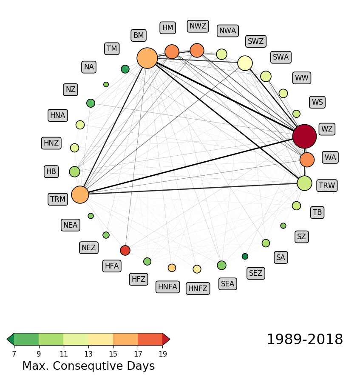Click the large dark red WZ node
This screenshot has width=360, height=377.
[304, 136]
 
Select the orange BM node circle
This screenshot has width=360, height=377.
[147, 58]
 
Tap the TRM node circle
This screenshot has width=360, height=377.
[80, 194]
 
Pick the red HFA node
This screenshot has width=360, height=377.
[125, 250]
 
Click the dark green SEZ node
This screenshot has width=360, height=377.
[245, 256]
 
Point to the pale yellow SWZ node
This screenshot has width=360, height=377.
[245, 63]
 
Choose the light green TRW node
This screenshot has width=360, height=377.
[304, 183]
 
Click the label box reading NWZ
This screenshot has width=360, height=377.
[198, 26]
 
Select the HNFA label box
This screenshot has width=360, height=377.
[167, 286]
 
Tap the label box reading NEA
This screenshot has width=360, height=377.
[71, 225]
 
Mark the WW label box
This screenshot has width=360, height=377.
[302, 78]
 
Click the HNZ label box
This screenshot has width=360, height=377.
[51, 143]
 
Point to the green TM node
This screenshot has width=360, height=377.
[125, 69]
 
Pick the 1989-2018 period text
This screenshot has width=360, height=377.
[304, 340]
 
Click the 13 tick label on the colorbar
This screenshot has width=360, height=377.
[88, 354]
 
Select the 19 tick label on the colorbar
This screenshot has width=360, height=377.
[162, 354]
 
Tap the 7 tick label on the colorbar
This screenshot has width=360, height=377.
[14, 354]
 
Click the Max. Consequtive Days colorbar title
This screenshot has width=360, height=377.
[88, 366]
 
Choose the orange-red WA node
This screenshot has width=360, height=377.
[307, 160]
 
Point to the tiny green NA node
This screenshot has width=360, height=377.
[106, 84]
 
